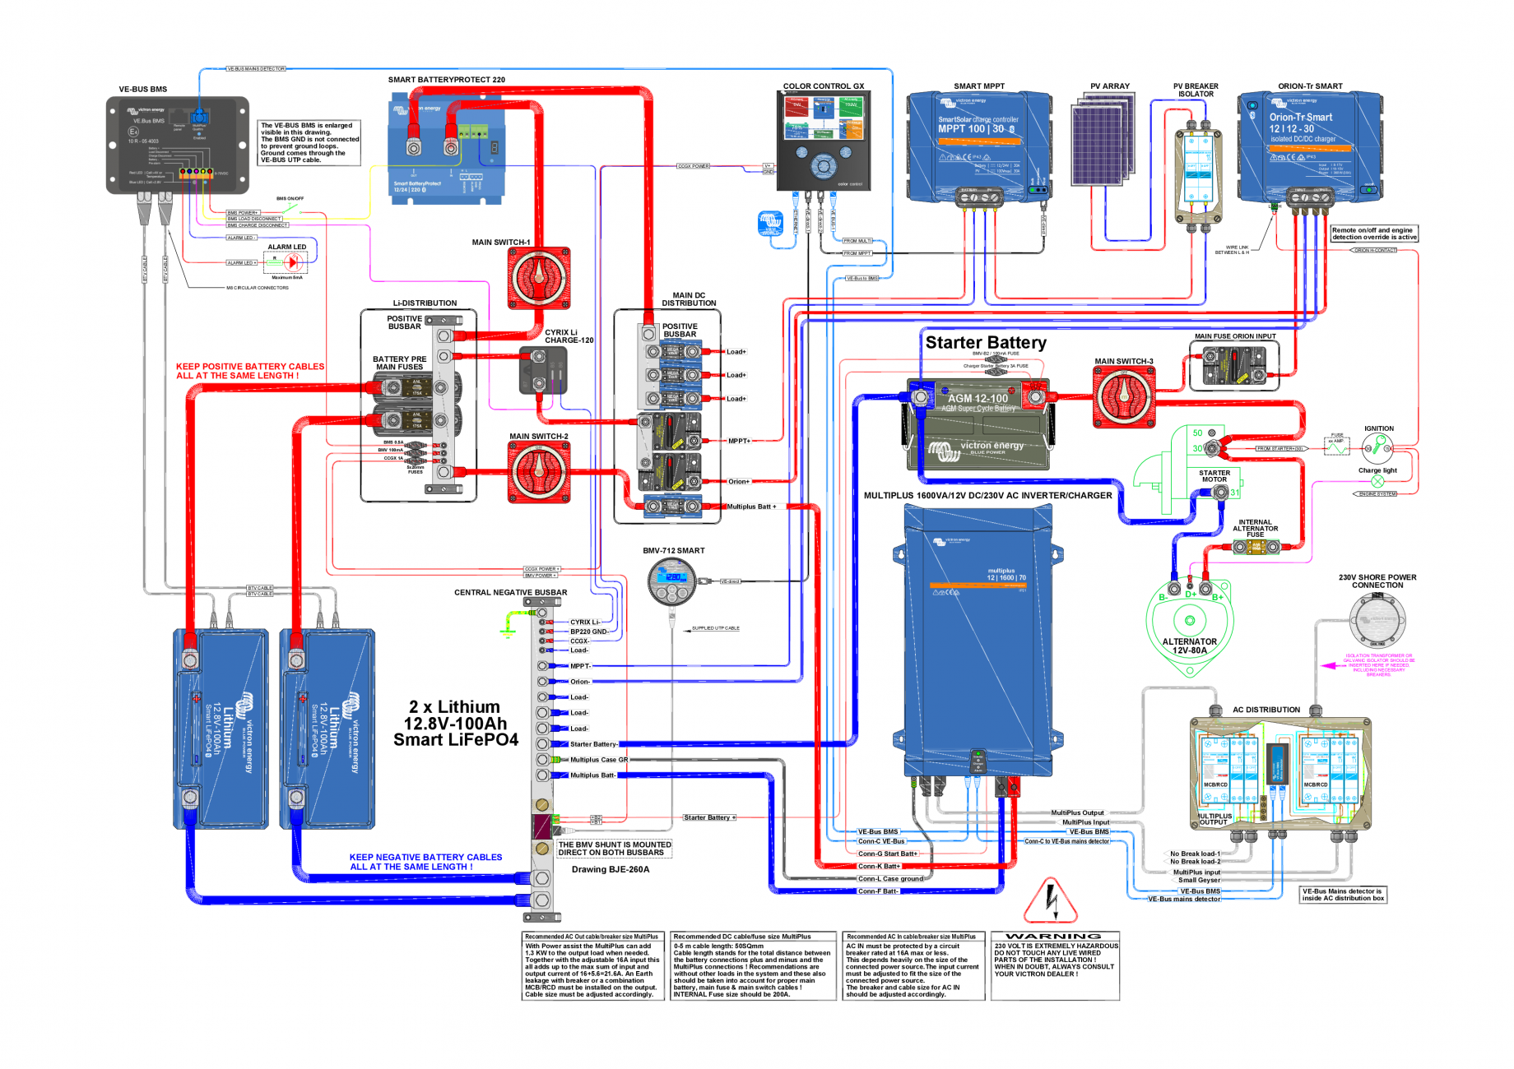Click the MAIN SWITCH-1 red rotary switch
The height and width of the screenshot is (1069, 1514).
tap(539, 278)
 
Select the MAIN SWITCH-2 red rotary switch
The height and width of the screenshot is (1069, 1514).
tap(539, 472)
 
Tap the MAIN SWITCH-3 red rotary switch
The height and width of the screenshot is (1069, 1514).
tap(1123, 397)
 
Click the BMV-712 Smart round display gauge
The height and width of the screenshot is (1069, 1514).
tap(672, 579)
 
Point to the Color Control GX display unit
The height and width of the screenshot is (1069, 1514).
tap(823, 139)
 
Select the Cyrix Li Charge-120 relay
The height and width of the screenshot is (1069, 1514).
tap(543, 370)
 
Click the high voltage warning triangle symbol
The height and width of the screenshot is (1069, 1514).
tap(1051, 901)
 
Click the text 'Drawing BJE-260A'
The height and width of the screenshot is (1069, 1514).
tap(611, 869)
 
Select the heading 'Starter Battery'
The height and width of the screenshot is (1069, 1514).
tap(986, 342)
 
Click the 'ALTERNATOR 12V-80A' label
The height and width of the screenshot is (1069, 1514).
tap(1189, 646)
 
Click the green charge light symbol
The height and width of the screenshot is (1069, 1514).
tap(1377, 481)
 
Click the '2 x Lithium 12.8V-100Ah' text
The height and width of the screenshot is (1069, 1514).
tap(455, 715)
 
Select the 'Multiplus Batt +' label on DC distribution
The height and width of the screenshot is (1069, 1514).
tap(751, 507)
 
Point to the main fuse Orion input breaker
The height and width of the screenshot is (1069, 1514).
tap(1233, 365)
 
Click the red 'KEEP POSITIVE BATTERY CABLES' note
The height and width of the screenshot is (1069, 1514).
tap(250, 371)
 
